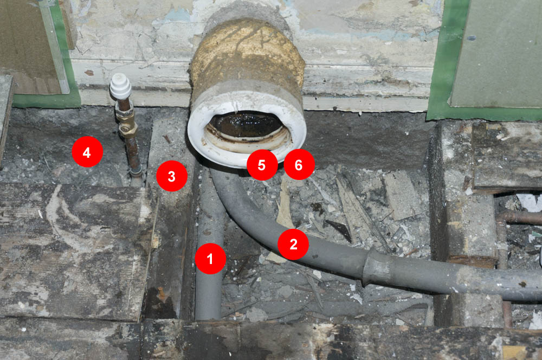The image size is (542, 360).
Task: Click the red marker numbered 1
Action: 210,259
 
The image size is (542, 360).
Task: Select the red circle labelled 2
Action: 293,244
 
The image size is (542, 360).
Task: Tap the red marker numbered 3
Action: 172,176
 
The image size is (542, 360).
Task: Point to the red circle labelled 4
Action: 87,152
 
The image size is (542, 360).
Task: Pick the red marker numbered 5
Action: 262,165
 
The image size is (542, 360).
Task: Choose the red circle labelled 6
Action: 299,165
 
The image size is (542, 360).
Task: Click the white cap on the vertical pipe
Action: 120,86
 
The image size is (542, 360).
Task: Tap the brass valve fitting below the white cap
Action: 126,121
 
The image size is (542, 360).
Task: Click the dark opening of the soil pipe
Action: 246,125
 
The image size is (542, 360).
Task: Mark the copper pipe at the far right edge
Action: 519,218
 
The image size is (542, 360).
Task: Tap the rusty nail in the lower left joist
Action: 161,293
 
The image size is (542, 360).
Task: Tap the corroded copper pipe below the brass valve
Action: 134,156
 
